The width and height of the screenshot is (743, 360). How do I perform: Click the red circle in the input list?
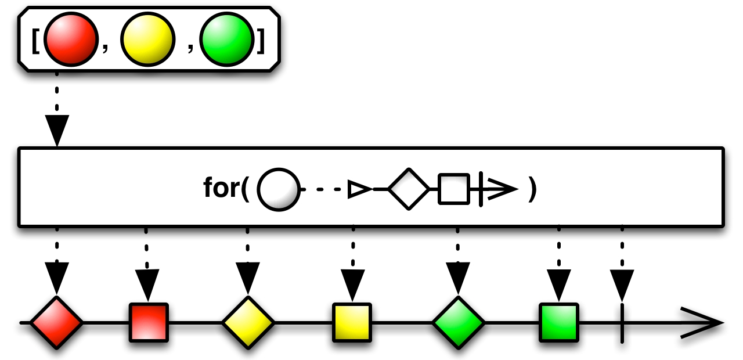click(x=70, y=40)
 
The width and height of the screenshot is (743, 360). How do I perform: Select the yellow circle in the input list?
click(x=147, y=40)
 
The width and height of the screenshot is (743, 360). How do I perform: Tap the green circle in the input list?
click(x=226, y=40)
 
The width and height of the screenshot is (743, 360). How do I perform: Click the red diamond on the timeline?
click(x=56, y=322)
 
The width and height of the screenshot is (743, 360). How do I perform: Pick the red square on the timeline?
click(x=149, y=322)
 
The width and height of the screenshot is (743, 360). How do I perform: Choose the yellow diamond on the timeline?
click(x=248, y=322)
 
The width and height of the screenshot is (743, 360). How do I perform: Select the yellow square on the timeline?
click(x=352, y=322)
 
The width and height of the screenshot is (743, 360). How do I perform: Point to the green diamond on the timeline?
click(x=458, y=322)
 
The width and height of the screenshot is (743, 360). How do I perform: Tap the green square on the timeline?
click(x=558, y=322)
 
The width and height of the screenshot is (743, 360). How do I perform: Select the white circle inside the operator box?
click(x=278, y=189)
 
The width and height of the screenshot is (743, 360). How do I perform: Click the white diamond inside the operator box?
click(x=409, y=189)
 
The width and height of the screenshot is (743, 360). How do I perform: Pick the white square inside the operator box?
click(x=453, y=189)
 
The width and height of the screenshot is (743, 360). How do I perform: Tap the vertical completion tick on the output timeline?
click(x=622, y=322)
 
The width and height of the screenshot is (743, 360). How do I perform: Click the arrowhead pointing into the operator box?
click(x=57, y=131)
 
